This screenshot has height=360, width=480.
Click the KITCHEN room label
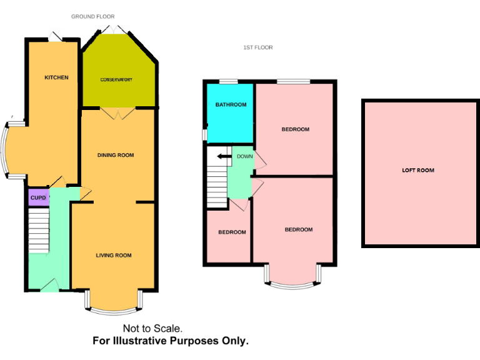point(56,77)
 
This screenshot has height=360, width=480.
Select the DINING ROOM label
point(116,155)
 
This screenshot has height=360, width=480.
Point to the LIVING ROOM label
point(114,255)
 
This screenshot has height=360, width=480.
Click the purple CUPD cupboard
point(37,197)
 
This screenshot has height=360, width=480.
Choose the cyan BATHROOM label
point(231,104)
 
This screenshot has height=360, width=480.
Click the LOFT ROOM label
point(417,170)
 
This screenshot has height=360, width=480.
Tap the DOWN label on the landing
point(244,156)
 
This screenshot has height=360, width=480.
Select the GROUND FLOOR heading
point(92,16)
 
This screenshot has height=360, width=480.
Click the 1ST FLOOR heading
point(257,47)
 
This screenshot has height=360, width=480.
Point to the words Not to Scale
point(152,328)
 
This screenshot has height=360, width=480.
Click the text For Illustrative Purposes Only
point(171,341)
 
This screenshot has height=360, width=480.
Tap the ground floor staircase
point(39,231)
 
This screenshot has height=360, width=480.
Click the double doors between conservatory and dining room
point(117,112)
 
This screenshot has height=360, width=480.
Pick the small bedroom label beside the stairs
point(231,232)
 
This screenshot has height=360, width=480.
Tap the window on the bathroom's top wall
point(227,81)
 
